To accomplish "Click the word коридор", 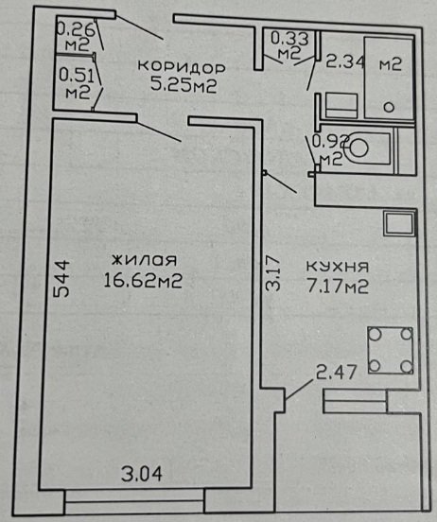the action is [x=182, y=66].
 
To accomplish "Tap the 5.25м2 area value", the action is [x=184, y=84].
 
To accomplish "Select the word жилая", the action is [x=144, y=260].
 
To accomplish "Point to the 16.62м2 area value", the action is [x=143, y=280].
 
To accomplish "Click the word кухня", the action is [x=338, y=267].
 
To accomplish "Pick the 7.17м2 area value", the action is [x=338, y=286].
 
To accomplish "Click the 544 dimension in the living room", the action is [x=61, y=278].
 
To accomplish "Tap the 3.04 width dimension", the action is [x=142, y=474].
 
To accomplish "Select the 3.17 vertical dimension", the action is [x=273, y=273].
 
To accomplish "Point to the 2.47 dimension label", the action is [x=337, y=372].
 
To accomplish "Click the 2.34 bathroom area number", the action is [x=344, y=62].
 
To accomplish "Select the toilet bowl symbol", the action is [x=357, y=148].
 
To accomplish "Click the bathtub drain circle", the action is [x=389, y=107].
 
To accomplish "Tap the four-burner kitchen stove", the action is [x=391, y=350].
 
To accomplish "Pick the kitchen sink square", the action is [x=399, y=224].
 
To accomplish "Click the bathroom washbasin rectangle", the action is [x=341, y=105].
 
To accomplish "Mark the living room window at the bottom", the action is [x=134, y=500].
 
